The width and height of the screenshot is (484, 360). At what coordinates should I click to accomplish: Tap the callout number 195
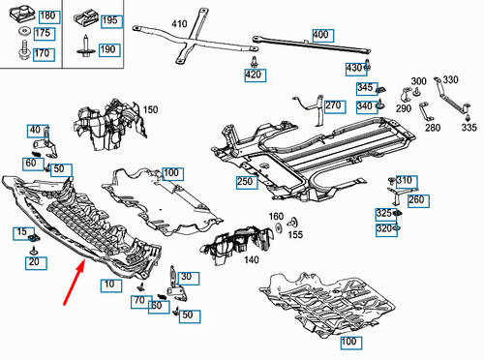tap(109, 20)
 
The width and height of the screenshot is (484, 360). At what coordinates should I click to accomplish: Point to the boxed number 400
tap(320, 35)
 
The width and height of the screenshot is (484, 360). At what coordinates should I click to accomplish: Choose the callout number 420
tap(253, 75)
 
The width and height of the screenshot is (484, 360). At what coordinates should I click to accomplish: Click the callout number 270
tap(333, 105)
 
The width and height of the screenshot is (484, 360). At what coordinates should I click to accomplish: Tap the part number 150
tap(150, 110)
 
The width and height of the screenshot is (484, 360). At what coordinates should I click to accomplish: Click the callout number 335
tap(469, 127)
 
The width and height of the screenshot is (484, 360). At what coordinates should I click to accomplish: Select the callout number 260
tap(416, 199)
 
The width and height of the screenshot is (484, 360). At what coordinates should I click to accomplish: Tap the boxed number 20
tap(34, 262)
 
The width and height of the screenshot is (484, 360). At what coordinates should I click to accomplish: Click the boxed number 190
tap(107, 49)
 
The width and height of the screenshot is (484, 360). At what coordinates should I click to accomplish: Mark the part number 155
tap(296, 234)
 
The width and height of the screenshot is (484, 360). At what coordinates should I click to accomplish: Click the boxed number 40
tap(36, 130)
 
